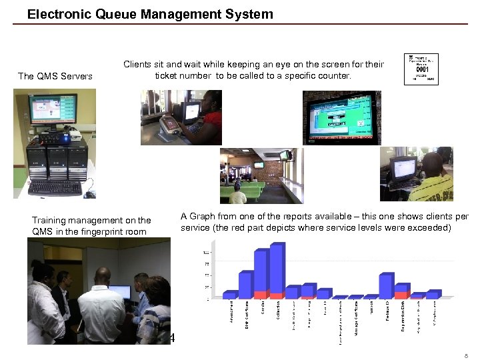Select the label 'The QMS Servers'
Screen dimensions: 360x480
[55, 76]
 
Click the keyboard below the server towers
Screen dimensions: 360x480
[55, 189]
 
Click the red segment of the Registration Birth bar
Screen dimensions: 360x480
[401, 294]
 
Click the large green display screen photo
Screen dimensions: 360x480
[341, 118]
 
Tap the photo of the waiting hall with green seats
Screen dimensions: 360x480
[261, 175]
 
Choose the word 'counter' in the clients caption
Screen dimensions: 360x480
[332, 76]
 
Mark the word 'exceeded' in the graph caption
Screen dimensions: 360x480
[432, 228]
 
